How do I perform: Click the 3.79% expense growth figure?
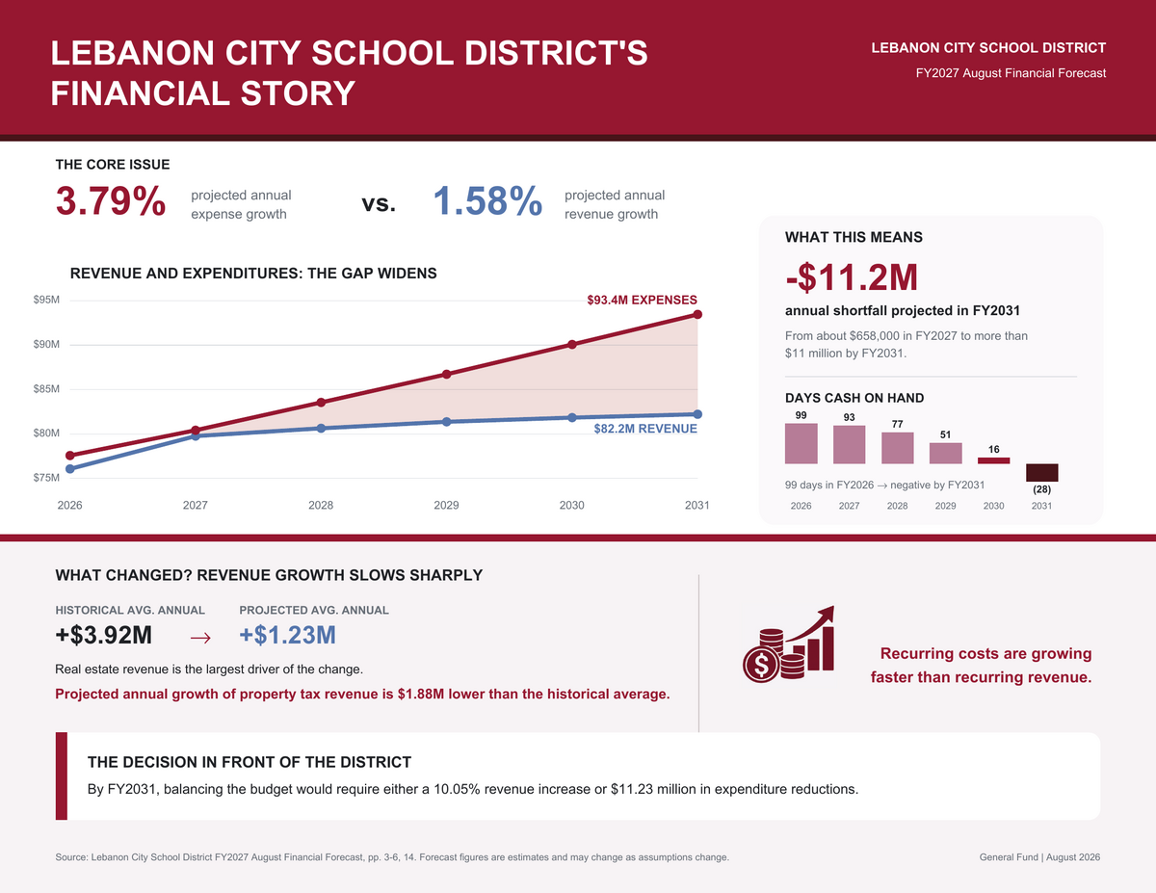111,201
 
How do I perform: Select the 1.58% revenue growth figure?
487,201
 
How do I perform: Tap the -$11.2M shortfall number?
852,277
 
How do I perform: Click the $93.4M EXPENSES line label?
642,300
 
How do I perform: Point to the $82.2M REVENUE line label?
645,429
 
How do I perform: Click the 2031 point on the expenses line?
697,314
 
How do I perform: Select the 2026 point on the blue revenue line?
69,468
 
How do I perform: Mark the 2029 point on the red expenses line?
446,375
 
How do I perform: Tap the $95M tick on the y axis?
46,300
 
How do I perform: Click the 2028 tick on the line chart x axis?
321,506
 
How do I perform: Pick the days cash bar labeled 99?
801,443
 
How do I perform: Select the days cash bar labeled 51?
945,453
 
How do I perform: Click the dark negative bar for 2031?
1041,472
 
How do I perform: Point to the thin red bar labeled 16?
994,460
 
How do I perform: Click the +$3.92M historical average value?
104,635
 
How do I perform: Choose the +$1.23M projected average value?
287,635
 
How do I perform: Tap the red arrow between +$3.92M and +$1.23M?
200,637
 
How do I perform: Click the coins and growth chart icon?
788,644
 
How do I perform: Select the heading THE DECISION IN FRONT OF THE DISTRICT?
250,762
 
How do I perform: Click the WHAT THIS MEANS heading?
854,237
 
